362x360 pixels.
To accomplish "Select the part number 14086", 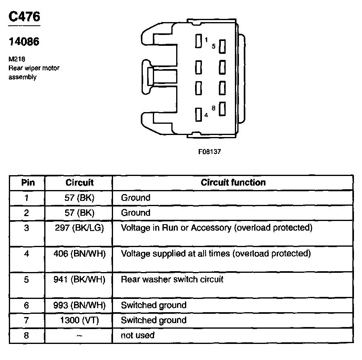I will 24,41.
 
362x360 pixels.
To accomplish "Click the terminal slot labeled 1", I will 198,41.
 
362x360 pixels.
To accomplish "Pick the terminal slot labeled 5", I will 222,46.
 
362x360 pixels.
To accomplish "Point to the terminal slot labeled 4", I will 198,115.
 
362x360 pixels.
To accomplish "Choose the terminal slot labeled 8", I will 222,109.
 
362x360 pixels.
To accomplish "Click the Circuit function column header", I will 233,182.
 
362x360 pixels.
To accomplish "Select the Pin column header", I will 28,182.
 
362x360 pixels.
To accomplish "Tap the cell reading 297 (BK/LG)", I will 80,228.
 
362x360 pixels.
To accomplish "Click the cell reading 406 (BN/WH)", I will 80,254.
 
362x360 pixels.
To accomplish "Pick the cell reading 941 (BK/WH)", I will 80,279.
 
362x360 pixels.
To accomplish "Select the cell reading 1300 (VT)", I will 80,320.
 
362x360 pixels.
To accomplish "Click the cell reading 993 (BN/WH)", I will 80,305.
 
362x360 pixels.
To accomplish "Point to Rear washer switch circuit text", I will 172,279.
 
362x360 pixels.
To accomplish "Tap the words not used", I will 138,335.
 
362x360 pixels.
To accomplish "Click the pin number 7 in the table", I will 27,320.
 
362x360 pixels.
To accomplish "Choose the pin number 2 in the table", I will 27,213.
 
